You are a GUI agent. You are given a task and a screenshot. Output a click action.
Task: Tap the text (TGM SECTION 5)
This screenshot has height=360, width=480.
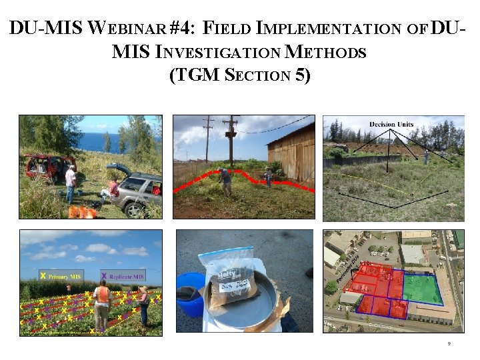click(x=240, y=75)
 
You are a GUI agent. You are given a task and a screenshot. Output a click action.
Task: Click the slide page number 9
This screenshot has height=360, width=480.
click(x=449, y=344)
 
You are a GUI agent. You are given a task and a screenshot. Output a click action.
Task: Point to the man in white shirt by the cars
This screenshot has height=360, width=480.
click(x=70, y=183)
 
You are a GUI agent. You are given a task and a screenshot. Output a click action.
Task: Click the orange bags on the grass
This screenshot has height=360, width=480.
click(x=83, y=212)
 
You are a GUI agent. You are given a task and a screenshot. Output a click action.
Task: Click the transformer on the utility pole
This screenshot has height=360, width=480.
click(x=232, y=132)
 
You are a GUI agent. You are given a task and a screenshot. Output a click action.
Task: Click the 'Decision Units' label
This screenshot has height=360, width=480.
click(x=393, y=125)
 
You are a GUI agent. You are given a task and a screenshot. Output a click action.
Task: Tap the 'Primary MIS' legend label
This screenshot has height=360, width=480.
click(x=67, y=276)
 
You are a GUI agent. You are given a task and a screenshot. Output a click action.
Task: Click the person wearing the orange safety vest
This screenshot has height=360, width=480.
click(x=102, y=303)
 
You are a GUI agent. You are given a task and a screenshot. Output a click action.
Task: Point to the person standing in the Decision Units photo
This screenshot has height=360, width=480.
click(x=425, y=157)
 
